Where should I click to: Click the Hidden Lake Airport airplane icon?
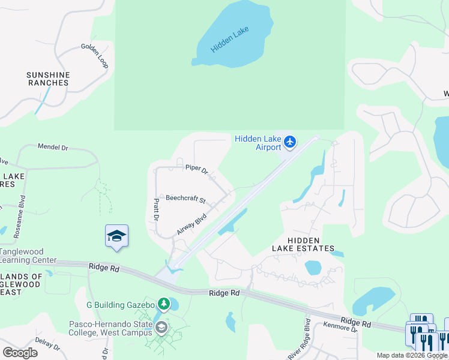coord(291,142)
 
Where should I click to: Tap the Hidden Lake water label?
coord(229,39)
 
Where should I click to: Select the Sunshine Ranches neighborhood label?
coord(48,79)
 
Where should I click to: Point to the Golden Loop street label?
coord(95,55)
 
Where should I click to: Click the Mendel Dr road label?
coord(53,146)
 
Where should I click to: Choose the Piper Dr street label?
coord(196,170)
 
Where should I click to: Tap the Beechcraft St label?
coord(185,198)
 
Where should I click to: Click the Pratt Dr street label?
coord(155,209)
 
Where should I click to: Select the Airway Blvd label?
coord(191,224)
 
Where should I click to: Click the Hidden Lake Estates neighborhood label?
coord(303,244)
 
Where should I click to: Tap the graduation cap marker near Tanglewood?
coord(116,236)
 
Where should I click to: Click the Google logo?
coord(20,353)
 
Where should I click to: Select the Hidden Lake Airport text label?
coord(258,143)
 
